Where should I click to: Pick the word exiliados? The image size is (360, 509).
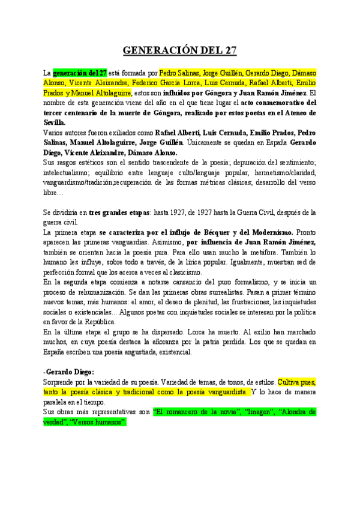tap(109, 133)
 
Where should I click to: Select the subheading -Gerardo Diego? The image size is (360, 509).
tap(69, 372)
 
